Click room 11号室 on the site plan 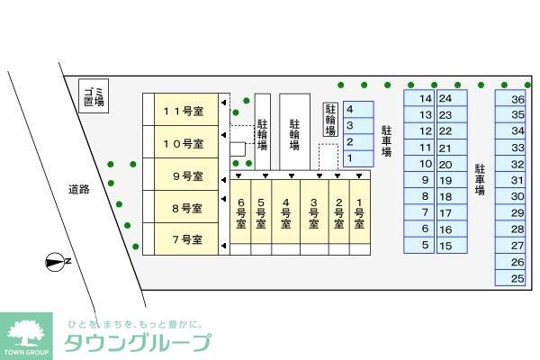point(183,112)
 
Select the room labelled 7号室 point(183,240)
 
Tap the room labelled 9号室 point(183,175)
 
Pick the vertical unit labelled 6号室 point(240,214)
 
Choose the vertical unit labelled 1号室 point(359,214)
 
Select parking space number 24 point(445,98)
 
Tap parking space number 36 point(517,100)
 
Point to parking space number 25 point(517,278)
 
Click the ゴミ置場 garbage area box point(94,96)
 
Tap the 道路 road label point(79,189)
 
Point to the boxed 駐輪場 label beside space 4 point(330,119)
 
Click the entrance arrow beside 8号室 point(223,208)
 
